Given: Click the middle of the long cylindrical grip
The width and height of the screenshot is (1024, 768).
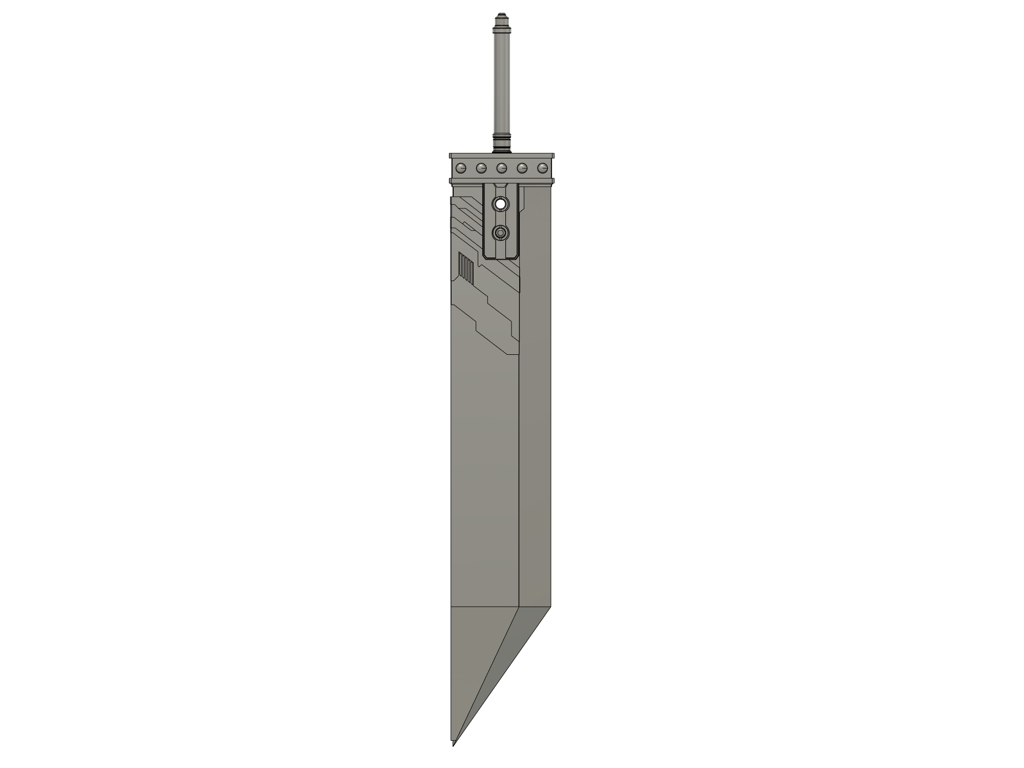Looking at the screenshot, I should point(501,82).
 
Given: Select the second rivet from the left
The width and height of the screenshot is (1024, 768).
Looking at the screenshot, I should point(481,168).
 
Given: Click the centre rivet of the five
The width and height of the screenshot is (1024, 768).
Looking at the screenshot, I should point(501,168).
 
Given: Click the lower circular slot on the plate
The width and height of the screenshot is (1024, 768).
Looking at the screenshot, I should point(501,233).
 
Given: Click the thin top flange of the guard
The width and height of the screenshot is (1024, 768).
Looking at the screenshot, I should point(501,156).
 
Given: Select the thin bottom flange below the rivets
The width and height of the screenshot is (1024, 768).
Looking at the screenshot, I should point(501,180).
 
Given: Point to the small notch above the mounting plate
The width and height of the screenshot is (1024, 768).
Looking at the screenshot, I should point(501,186).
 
